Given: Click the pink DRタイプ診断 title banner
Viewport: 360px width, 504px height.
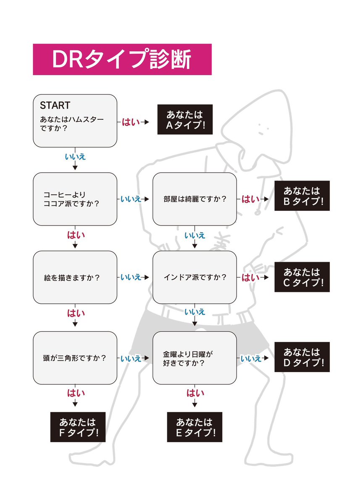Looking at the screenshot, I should point(122,59).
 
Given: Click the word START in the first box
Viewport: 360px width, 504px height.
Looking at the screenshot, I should point(55,105).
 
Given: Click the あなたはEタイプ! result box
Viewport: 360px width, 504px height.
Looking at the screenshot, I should point(194,427).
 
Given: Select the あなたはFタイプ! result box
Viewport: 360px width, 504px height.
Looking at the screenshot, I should point(77,427).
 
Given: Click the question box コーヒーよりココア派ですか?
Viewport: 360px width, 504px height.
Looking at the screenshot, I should point(75,199).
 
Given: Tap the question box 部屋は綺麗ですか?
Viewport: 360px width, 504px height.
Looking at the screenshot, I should point(194,199).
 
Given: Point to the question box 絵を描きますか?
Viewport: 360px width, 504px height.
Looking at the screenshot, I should point(75,277).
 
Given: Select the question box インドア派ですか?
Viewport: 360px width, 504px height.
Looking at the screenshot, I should point(194,277).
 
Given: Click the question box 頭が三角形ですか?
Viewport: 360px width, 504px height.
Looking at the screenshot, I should point(75,358).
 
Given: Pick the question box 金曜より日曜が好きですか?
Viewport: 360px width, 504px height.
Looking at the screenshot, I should point(194,358).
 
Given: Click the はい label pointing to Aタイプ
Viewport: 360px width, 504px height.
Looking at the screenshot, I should point(130,122).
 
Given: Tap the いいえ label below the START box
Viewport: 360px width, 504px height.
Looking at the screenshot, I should point(75,157).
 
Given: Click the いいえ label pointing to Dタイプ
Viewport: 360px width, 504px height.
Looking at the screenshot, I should point(251,358).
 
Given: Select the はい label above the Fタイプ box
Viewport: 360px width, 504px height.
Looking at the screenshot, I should point(76,393).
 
